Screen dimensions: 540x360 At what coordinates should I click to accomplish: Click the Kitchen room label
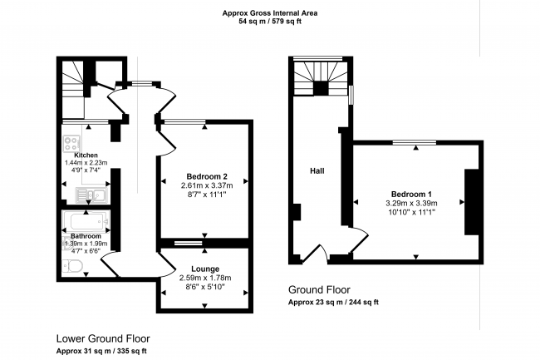pos(86,155)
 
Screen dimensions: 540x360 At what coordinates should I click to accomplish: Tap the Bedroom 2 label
pos(207,177)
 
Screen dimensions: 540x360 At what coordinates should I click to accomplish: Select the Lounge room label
pos(205,269)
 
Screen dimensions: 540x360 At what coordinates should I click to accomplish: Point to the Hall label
pos(317,171)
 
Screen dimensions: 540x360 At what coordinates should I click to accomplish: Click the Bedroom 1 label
pos(411,195)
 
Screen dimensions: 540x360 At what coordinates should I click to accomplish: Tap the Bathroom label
pos(86,236)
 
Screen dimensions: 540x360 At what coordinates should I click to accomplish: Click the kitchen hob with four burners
pos(71,143)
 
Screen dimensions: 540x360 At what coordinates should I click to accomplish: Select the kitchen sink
pos(91,195)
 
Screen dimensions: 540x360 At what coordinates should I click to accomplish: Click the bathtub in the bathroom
pos(86,222)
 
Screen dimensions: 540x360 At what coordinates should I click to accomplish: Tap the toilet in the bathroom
pos(72,266)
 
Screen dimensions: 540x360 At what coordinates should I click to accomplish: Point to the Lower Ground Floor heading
pos(103,339)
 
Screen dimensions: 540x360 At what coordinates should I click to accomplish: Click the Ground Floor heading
pos(319,290)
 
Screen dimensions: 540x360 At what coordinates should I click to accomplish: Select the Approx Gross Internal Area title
pos(270,13)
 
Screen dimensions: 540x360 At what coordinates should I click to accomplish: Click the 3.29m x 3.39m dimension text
pos(411,204)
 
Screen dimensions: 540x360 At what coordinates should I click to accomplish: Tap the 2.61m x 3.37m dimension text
pos(207,186)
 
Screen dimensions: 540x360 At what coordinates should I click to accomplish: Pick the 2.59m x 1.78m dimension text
pos(205,278)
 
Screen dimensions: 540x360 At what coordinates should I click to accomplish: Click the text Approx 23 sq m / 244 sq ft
pos(333,303)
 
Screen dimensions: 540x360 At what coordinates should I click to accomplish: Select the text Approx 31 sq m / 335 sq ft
pos(101,352)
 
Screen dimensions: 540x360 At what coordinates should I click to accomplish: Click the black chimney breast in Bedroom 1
pos(472,202)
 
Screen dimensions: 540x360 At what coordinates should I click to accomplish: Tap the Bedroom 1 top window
pos(415,142)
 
